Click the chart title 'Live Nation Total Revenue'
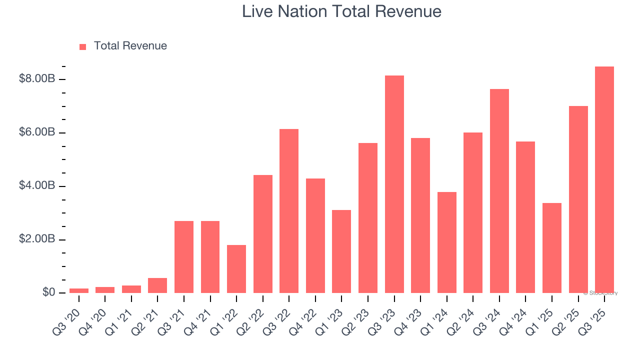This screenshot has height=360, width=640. [341, 11]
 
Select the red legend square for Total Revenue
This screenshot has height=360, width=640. [83, 47]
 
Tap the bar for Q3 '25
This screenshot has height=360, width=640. [604, 180]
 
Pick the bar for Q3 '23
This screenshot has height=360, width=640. [394, 184]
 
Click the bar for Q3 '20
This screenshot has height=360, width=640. [79, 290]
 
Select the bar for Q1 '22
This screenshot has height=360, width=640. [236, 269]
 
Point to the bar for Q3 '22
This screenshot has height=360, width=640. [289, 211]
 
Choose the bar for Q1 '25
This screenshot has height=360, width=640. [551, 248]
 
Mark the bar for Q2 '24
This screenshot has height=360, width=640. [473, 213]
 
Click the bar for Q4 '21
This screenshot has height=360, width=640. [210, 257]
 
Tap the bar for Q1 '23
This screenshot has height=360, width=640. [341, 251]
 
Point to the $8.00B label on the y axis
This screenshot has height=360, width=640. [36, 79]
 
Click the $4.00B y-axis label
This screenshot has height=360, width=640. [36, 186]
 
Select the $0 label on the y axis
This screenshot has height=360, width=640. [48, 292]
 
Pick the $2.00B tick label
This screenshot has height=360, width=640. [36, 239]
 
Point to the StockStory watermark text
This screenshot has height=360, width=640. [600, 293]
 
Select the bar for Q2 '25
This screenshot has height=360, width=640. [578, 199]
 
